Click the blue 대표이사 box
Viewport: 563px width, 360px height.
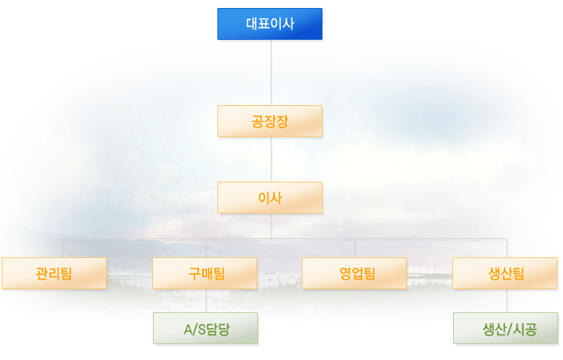click(x=270, y=24)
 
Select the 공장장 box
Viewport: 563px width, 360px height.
click(x=270, y=121)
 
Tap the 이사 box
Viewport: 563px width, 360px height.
click(x=270, y=198)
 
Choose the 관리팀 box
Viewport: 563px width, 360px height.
click(x=54, y=273)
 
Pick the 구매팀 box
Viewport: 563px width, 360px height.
click(x=205, y=273)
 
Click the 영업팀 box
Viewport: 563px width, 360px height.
click(x=354, y=273)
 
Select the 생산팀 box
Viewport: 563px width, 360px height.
click(x=505, y=273)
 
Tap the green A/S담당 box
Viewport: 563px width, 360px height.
click(x=205, y=328)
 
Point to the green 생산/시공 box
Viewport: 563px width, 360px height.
click(x=506, y=328)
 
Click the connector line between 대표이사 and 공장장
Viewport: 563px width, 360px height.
click(x=271, y=72)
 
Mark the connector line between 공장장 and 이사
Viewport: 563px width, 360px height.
click(x=271, y=159)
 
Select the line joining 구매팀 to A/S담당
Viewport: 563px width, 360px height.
click(x=205, y=301)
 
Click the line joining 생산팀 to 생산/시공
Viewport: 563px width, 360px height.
click(x=506, y=301)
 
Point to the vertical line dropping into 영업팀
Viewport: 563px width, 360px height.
click(x=354, y=248)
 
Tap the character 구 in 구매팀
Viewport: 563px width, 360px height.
click(x=194, y=273)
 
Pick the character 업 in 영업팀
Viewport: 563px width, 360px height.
click(x=358, y=273)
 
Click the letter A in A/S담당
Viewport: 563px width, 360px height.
click(x=189, y=330)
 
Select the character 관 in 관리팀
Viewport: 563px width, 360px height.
click(x=41, y=273)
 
